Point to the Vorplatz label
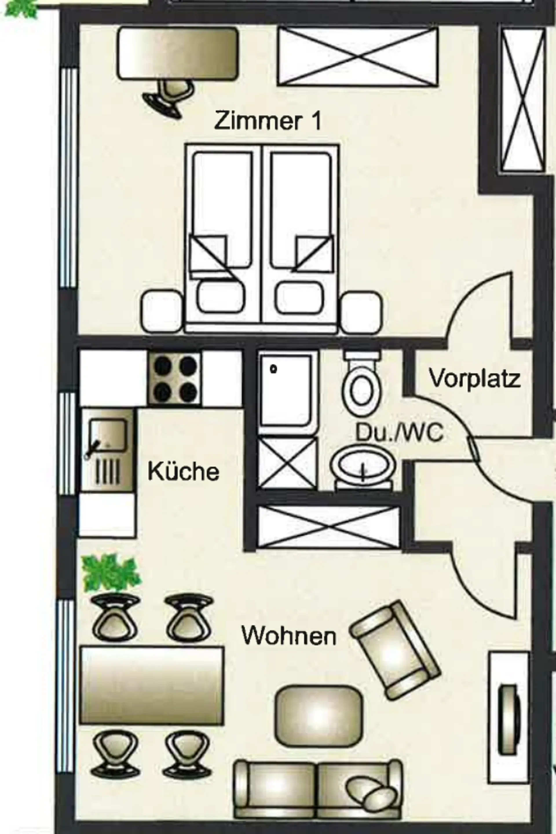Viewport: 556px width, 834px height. (475, 379)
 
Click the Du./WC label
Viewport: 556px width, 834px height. (399, 432)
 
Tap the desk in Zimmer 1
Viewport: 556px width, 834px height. (177, 53)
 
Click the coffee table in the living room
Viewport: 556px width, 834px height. (319, 715)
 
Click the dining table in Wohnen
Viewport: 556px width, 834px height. (152, 686)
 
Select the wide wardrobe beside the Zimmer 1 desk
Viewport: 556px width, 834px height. (357, 57)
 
